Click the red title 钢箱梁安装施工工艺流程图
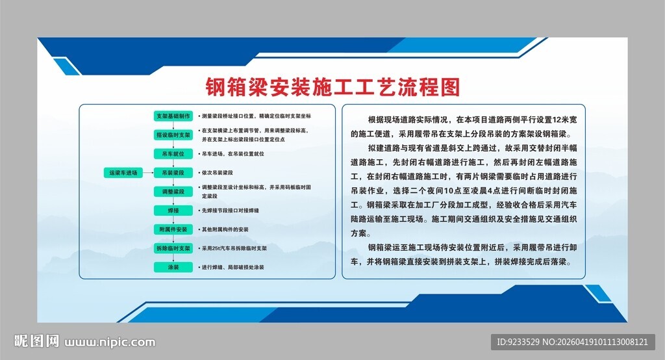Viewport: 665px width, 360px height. point(332,86)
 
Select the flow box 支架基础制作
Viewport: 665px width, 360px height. point(173,116)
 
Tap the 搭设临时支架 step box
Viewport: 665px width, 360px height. point(173,135)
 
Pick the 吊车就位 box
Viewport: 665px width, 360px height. point(173,154)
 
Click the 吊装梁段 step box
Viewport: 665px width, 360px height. point(173,173)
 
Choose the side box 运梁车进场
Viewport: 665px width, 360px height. point(123,173)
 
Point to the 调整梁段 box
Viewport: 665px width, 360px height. point(173,192)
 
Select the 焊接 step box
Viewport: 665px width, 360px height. point(173,211)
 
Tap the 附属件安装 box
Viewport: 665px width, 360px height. point(173,229)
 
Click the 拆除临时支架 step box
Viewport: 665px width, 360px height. point(173,248)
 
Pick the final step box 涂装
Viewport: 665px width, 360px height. point(173,267)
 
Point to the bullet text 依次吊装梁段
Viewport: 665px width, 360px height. point(218,173)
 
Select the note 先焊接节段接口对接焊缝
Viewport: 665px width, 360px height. point(231,211)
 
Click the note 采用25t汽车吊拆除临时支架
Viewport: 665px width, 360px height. point(235,248)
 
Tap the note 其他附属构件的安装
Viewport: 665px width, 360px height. point(225,229)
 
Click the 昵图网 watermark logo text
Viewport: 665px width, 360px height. point(37,341)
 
